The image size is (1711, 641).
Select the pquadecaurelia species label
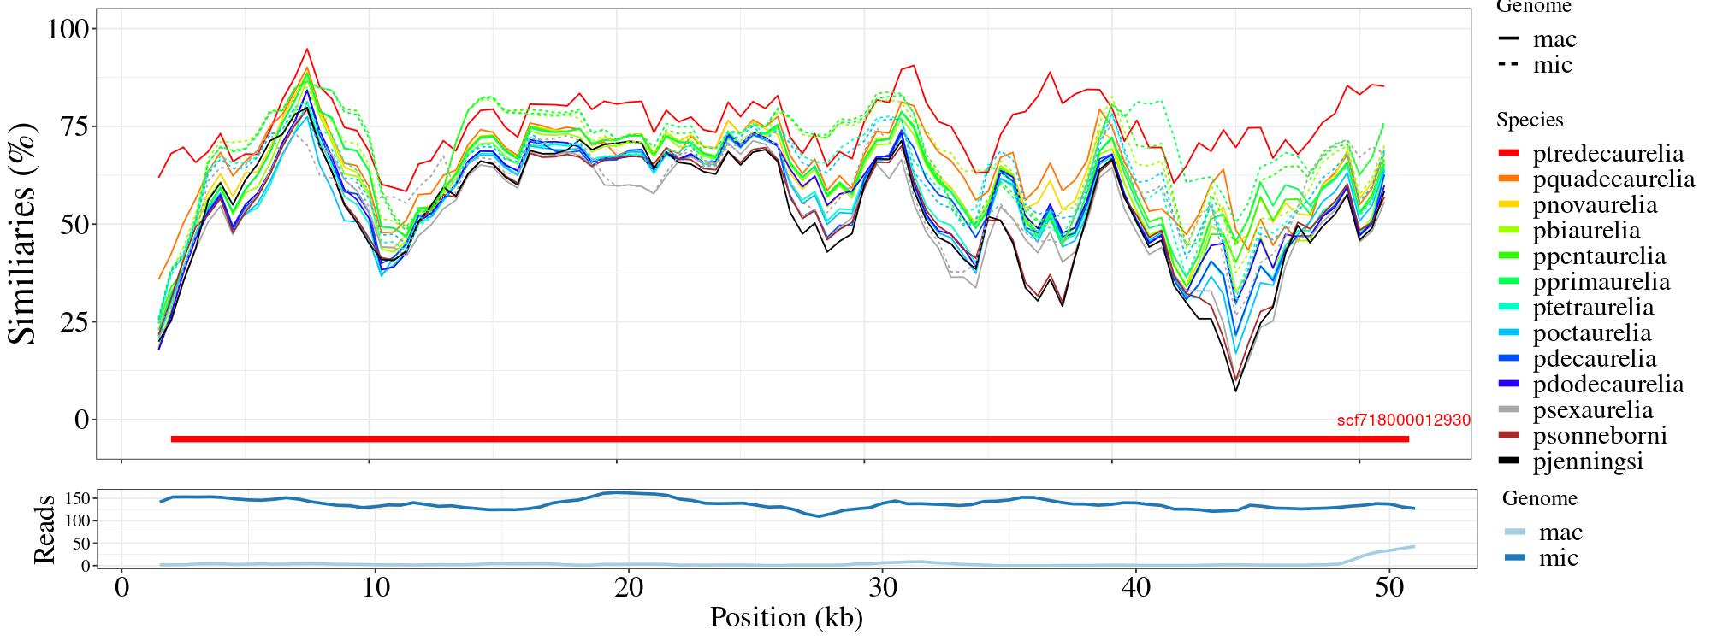click(1613, 179)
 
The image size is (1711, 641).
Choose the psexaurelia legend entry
click(1593, 410)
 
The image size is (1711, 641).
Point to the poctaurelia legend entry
click(1592, 333)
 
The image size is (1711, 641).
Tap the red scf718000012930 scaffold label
click(1404, 420)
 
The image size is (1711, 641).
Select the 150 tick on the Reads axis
click(78, 497)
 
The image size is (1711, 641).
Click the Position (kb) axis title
click(785, 617)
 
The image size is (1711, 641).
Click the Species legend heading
click(1530, 120)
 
